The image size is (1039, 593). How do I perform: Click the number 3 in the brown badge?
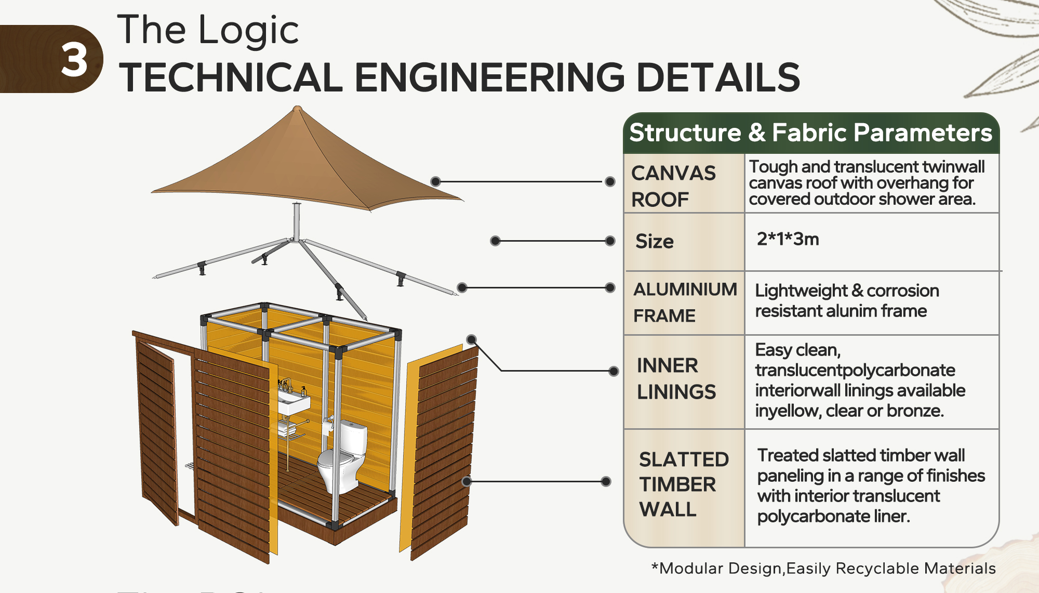coord(74,60)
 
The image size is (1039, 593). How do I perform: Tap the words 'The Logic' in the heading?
coord(208,30)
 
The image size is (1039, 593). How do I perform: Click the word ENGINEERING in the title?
coord(490,77)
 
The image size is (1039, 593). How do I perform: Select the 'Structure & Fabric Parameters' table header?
coord(810,133)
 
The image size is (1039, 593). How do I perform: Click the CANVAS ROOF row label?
coord(673,186)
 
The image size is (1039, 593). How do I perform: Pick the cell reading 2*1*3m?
coord(788,239)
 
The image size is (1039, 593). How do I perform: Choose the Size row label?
coord(655,241)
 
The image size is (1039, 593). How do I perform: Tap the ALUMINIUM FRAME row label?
coord(685,302)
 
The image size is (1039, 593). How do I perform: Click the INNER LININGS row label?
coord(676,378)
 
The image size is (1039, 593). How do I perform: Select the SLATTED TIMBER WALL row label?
coord(684,484)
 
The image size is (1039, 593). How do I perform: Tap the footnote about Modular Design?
coord(823,568)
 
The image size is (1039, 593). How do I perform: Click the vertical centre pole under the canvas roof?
coord(297,221)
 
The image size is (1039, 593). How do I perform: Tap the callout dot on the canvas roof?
coord(435,181)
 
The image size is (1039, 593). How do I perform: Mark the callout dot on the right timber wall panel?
coord(467,481)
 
